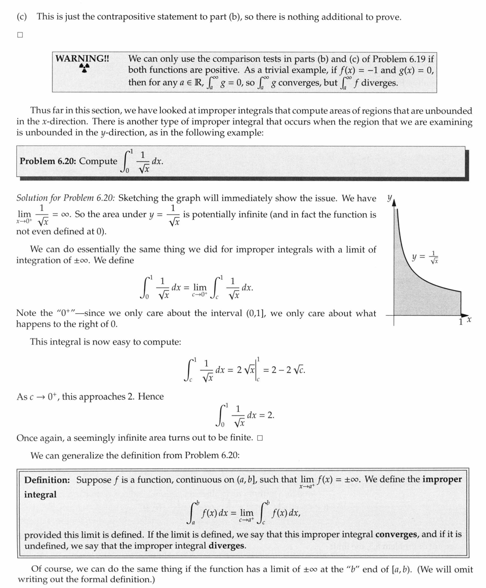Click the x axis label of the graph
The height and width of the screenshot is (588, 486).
469,320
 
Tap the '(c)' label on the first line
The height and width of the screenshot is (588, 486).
22,17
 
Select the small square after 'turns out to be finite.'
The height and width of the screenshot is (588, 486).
260,438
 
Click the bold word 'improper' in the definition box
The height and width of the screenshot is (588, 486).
442,479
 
